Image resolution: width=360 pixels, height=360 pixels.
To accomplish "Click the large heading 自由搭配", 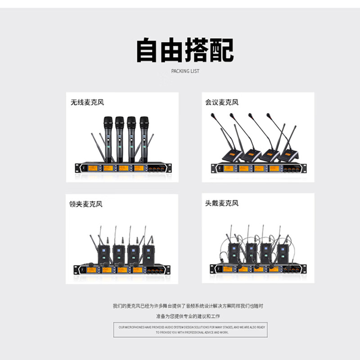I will pyautogui.click(x=185, y=51).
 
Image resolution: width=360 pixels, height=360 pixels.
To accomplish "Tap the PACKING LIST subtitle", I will pyautogui.click(x=185, y=71).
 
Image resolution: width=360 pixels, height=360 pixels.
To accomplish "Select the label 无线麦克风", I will pyautogui.click(x=87, y=102).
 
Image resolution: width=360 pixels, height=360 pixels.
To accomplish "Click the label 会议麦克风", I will pyautogui.click(x=222, y=102).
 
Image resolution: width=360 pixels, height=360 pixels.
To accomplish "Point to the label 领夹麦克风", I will pyautogui.click(x=86, y=204).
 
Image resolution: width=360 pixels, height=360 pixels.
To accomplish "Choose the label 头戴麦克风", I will pyautogui.click(x=222, y=203).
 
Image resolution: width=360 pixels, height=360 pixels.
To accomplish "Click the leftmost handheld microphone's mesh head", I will pyautogui.click(x=107, y=122).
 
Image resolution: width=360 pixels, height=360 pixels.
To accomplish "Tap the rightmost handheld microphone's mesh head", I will pyautogui.click(x=144, y=122).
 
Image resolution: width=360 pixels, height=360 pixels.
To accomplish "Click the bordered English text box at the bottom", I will pyautogui.click(x=192, y=330).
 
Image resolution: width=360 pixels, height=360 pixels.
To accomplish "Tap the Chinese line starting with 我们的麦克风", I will pyautogui.click(x=188, y=306).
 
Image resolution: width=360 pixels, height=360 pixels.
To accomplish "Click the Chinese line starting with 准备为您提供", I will pyautogui.click(x=188, y=316).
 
